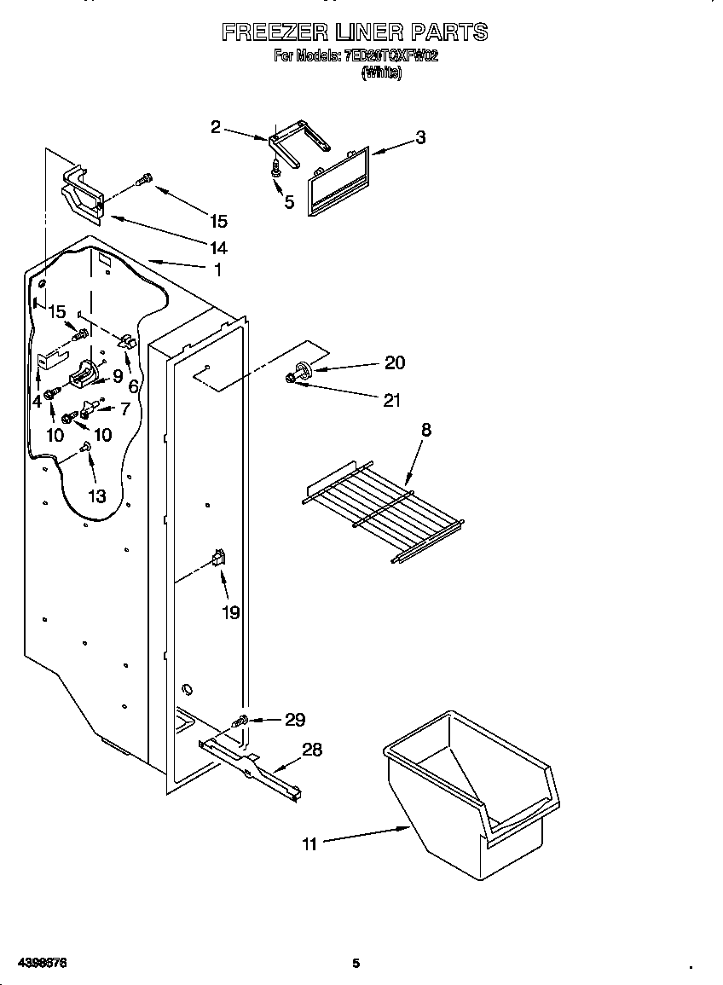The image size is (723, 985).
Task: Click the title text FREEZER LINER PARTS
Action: click(x=355, y=32)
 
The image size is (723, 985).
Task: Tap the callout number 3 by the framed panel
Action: click(x=420, y=137)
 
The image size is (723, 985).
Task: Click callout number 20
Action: click(x=394, y=362)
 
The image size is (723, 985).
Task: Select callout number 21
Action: click(x=391, y=399)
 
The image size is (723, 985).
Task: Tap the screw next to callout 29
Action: click(x=241, y=721)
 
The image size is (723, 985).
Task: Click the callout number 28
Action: click(x=312, y=750)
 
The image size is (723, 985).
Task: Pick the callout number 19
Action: click(x=231, y=611)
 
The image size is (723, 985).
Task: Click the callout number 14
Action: click(x=218, y=248)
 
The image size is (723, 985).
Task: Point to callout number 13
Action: click(x=97, y=495)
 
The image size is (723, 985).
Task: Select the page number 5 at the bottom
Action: click(x=356, y=964)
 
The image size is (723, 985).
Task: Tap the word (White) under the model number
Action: click(x=381, y=73)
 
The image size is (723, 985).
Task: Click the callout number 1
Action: click(x=218, y=269)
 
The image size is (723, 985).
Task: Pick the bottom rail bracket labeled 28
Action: click(x=252, y=766)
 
